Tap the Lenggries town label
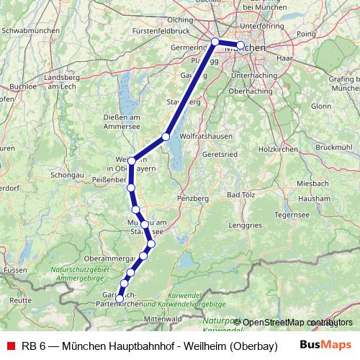point(245,225)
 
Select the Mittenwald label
point(161,318)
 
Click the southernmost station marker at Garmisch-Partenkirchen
point(120,298)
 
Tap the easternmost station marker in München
point(240,45)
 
